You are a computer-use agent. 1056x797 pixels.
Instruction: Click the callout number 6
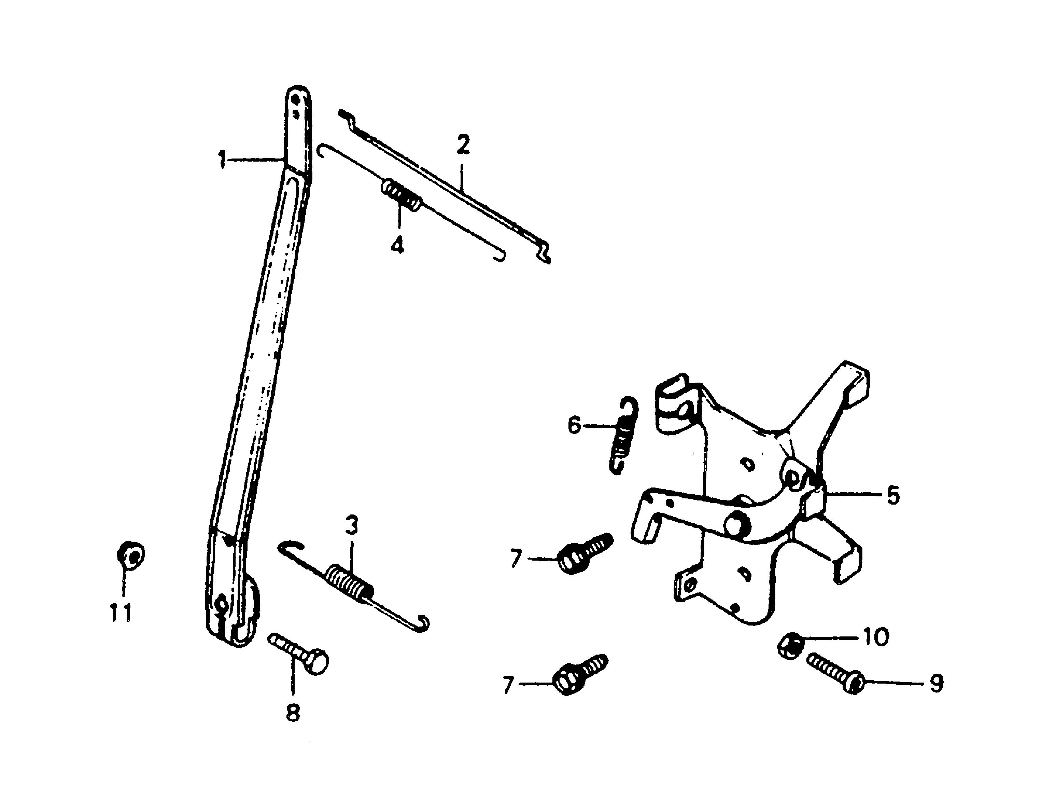coord(574,425)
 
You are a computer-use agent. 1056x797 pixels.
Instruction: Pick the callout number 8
coord(293,713)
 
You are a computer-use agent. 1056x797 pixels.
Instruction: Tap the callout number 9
coord(936,684)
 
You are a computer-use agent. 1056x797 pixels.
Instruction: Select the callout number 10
coord(875,636)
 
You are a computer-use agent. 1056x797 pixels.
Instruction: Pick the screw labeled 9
coord(835,675)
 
